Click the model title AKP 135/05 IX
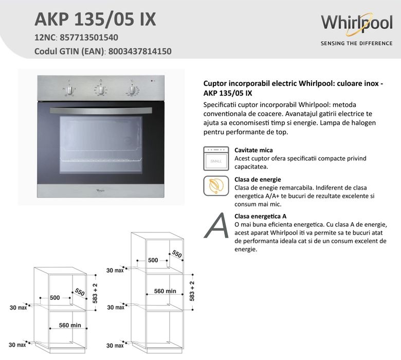[95, 19]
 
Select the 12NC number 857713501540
[89, 38]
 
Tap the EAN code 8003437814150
[140, 51]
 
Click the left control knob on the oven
[69, 91]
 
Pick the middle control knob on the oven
[101, 90]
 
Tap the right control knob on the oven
[132, 91]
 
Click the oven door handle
[101, 111]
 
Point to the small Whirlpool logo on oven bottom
[101, 190]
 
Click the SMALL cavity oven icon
[216, 158]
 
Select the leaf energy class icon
[216, 186]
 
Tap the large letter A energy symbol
[216, 226]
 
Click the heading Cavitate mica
[253, 150]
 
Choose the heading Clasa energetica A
[260, 217]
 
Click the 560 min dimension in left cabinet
[70, 325]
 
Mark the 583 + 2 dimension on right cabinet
[192, 291]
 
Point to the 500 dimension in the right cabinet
[153, 260]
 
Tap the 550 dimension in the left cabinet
[80, 292]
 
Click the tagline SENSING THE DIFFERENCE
[356, 43]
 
